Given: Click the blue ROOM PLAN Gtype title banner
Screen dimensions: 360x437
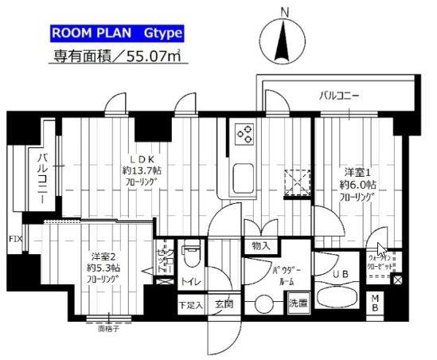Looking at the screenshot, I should pyautogui.click(x=117, y=33).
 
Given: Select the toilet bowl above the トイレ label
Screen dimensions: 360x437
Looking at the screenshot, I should pyautogui.click(x=189, y=255).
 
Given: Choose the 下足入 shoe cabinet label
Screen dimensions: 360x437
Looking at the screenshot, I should pyautogui.click(x=189, y=303).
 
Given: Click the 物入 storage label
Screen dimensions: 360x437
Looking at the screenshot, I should pyautogui.click(x=260, y=245).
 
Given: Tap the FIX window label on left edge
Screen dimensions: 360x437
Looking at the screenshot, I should pyautogui.click(x=14, y=238).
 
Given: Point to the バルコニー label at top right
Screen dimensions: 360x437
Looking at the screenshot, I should pyautogui.click(x=340, y=96).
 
